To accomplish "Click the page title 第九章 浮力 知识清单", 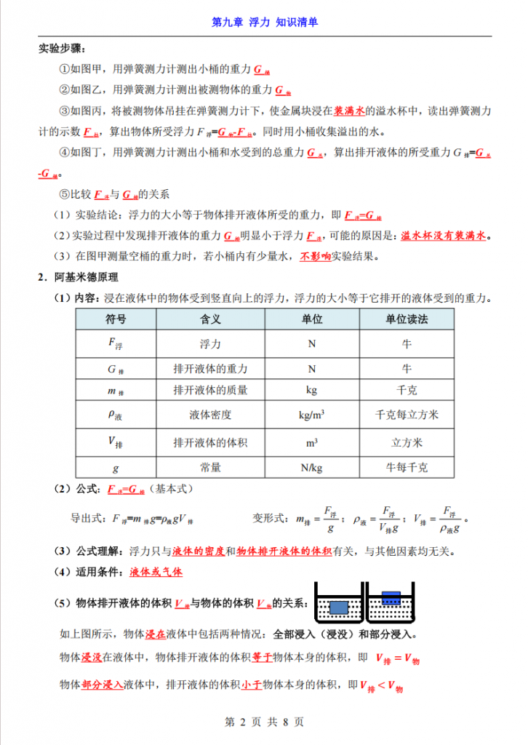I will tap(264, 22).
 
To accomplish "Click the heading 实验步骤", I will tap(61, 49).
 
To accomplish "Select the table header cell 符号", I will tap(116, 319).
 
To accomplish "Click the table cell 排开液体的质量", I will tap(210, 391).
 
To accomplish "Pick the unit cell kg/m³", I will tap(311, 415).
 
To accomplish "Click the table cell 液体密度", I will tap(210, 415).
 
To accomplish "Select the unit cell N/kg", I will tap(311, 467).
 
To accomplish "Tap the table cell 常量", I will tap(210, 467).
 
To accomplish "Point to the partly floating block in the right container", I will tap(391, 598).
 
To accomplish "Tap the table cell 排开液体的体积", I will tap(210, 442).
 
